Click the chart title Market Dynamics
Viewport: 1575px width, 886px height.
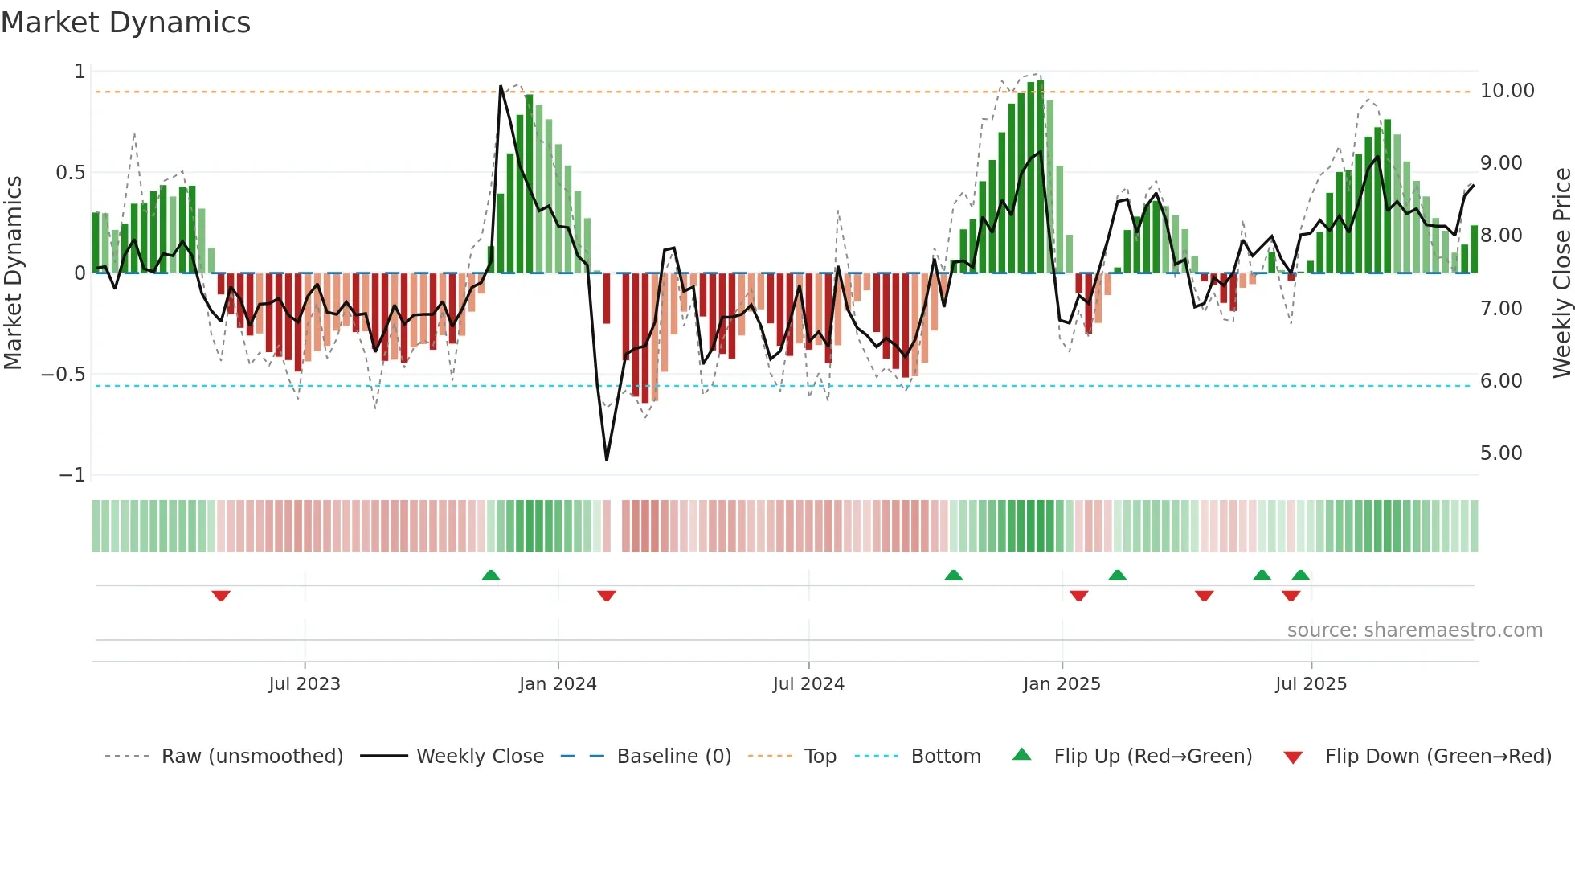point(126,23)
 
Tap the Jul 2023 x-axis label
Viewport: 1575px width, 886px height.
point(305,684)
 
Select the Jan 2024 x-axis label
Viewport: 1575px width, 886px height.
point(558,684)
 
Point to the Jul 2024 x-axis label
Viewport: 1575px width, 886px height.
point(808,684)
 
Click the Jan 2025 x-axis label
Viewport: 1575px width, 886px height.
point(1062,684)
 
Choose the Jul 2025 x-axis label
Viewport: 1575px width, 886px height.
point(1311,684)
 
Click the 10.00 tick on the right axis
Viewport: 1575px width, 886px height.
point(1507,91)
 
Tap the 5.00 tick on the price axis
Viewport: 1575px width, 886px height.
point(1501,453)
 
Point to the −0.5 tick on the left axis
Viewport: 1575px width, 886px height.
point(63,375)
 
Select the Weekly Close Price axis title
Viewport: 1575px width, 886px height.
point(1561,273)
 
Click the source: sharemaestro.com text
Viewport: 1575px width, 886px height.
point(1414,630)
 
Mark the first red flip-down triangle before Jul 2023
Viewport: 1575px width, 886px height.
point(221,596)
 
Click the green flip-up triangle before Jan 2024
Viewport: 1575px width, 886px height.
point(491,575)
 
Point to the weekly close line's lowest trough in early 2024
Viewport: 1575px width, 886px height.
point(607,459)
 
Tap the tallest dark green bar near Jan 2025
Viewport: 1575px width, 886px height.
point(1041,177)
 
